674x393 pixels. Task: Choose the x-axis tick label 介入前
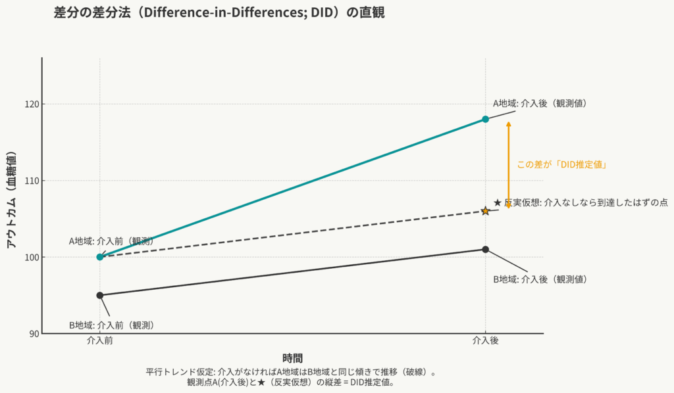pyautogui.click(x=100, y=342)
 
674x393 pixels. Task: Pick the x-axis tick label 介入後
pyautogui.click(x=485, y=342)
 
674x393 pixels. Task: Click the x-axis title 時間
pyautogui.click(x=292, y=358)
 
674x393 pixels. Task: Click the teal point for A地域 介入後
pyautogui.click(x=485, y=119)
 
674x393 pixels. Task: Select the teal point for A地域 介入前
pyautogui.click(x=100, y=257)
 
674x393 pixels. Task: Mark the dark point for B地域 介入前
pyautogui.click(x=100, y=295)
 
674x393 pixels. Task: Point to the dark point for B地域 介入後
pyautogui.click(x=485, y=249)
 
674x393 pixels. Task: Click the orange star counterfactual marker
pyautogui.click(x=485, y=210)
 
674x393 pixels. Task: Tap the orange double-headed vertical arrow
pyautogui.click(x=508, y=165)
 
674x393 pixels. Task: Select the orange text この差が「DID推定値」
pyautogui.click(x=561, y=165)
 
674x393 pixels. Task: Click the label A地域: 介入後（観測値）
pyautogui.click(x=540, y=103)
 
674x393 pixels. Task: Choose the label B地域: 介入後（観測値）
pyautogui.click(x=540, y=279)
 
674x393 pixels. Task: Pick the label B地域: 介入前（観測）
pyautogui.click(x=111, y=325)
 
